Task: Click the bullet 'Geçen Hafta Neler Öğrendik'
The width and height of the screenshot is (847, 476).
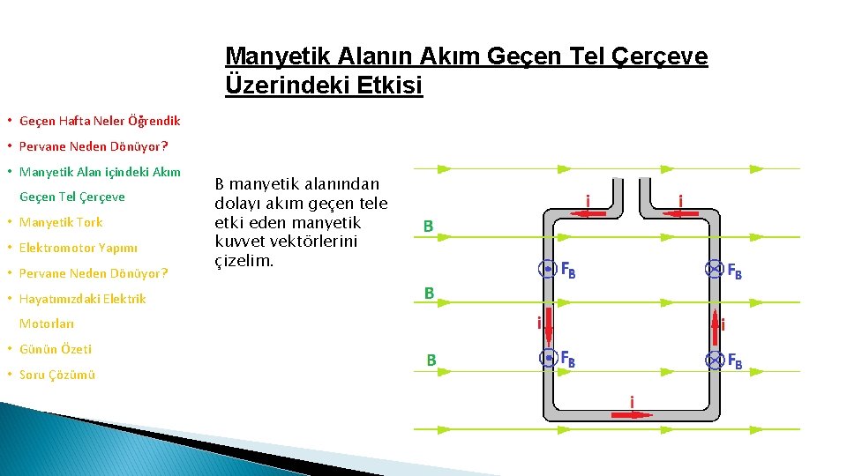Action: click(x=100, y=120)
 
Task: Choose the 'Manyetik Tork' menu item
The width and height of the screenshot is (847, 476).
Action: click(x=61, y=222)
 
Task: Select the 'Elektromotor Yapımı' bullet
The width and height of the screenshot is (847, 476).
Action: click(x=79, y=248)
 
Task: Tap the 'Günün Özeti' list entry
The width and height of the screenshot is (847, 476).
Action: click(x=56, y=349)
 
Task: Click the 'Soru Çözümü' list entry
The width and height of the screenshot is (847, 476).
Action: click(x=57, y=375)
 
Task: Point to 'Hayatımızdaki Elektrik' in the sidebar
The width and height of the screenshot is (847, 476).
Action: click(x=83, y=299)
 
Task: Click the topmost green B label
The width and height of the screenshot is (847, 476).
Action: click(x=428, y=227)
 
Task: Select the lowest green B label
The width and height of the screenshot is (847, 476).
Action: click(x=431, y=360)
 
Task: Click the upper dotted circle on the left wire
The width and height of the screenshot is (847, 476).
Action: click(x=548, y=270)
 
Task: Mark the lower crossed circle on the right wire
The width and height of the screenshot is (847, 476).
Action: click(x=713, y=360)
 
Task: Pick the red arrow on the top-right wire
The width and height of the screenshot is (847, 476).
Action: click(x=680, y=213)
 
